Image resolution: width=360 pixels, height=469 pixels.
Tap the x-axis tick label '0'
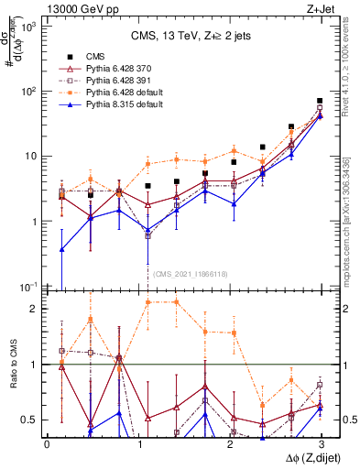[x=47, y=443]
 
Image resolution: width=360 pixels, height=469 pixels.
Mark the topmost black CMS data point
[x=320, y=101]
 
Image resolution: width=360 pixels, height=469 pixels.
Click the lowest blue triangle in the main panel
[x=61, y=249]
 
